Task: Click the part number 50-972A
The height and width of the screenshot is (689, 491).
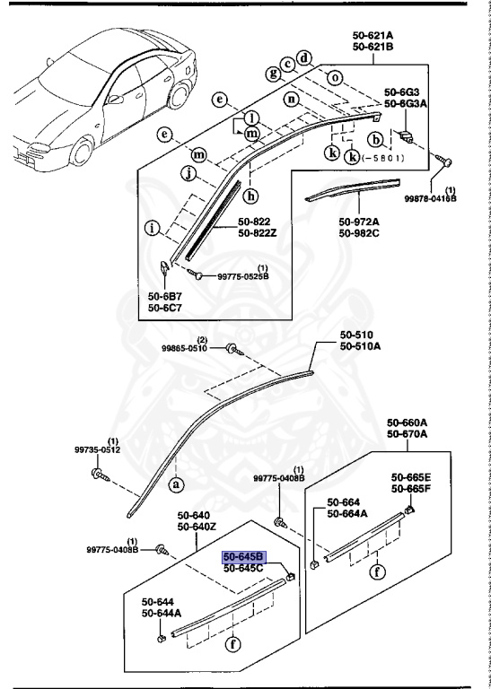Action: (359, 222)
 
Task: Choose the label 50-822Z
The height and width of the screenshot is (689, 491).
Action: (259, 233)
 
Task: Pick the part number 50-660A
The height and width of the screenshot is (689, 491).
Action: (408, 423)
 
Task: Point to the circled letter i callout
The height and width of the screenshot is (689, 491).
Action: (153, 228)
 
